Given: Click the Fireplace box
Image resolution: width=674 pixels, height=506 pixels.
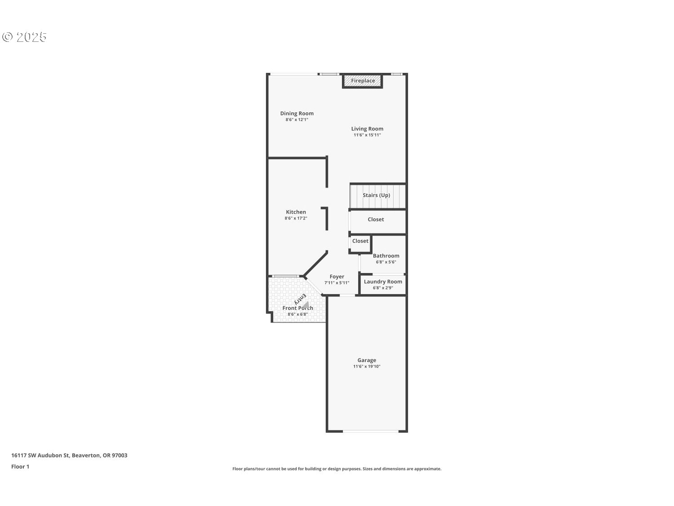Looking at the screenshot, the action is coord(362,81).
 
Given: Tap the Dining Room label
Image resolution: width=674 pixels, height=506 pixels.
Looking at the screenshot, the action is coord(297,113).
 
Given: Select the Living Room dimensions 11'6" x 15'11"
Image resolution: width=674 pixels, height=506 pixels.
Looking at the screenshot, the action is coord(367,135).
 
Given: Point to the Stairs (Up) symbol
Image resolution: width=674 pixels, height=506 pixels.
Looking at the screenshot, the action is coord(377,196).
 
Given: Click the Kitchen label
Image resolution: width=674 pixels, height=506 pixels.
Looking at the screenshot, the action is coord(296,212).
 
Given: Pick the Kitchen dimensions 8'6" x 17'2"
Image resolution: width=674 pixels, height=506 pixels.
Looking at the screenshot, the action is coord(296,218).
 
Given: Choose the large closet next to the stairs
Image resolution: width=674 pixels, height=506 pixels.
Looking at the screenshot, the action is coord(378,221).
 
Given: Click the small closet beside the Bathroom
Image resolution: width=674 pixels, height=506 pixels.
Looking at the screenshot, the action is coord(360,244).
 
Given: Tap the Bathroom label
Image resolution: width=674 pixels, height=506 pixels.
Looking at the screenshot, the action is coord(386,255).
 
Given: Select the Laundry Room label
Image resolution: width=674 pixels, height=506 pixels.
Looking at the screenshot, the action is coord(383,282).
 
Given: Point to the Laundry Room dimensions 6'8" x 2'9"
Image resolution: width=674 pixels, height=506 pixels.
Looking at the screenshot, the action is coord(383,288).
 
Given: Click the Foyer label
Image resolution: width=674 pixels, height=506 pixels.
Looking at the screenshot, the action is coord(337,277).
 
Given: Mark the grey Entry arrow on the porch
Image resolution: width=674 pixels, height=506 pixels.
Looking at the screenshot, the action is coord(306,304).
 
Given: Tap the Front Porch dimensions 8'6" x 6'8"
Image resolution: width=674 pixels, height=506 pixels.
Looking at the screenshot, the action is coord(297,314).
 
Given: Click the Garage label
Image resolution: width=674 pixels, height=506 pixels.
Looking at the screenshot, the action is coord(367,360).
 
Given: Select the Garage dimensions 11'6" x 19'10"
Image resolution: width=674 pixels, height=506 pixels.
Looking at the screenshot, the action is coord(367,366).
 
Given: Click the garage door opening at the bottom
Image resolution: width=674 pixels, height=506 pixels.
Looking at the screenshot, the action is coord(370,431).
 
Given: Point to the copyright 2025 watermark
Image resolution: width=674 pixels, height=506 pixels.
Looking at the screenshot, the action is coord(24,37).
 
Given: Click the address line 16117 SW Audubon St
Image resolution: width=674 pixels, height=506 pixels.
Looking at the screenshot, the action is coord(40,455).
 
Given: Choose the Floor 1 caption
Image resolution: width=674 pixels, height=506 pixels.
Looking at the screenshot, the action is coord(20,467).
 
